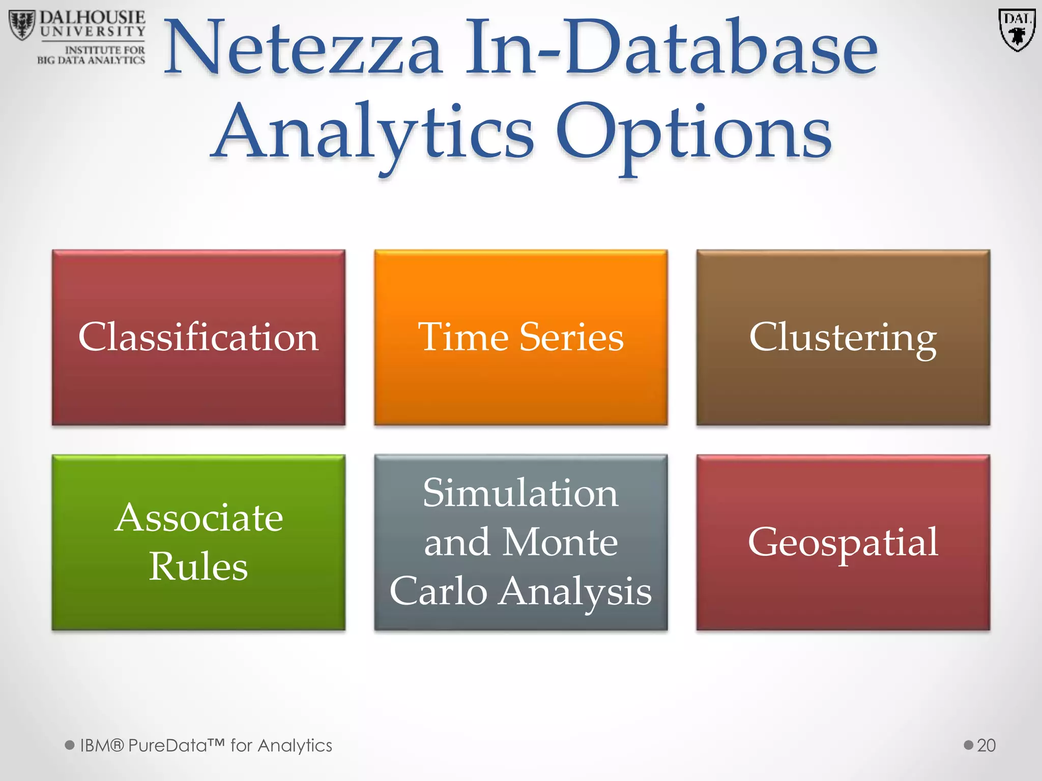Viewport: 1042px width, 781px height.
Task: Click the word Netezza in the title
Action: (303, 49)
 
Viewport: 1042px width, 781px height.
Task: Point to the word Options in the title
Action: (694, 133)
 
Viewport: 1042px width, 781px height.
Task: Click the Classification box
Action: (198, 338)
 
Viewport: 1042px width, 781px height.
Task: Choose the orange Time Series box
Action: (520, 338)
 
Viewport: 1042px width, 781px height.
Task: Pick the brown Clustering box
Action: (843, 338)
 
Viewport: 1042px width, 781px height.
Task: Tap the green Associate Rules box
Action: (198, 543)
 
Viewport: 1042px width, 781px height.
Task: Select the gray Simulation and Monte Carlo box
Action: (520, 543)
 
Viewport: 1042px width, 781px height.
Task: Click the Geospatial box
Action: (843, 543)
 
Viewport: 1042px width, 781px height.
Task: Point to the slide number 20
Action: (986, 745)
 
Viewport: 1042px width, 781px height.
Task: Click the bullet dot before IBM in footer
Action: (70, 745)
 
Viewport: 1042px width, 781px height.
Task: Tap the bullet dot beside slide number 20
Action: (968, 745)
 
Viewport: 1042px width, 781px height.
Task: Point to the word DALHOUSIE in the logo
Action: (93, 18)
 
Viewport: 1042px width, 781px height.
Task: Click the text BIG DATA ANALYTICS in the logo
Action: (91, 61)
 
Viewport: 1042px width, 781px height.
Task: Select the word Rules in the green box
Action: (198, 566)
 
